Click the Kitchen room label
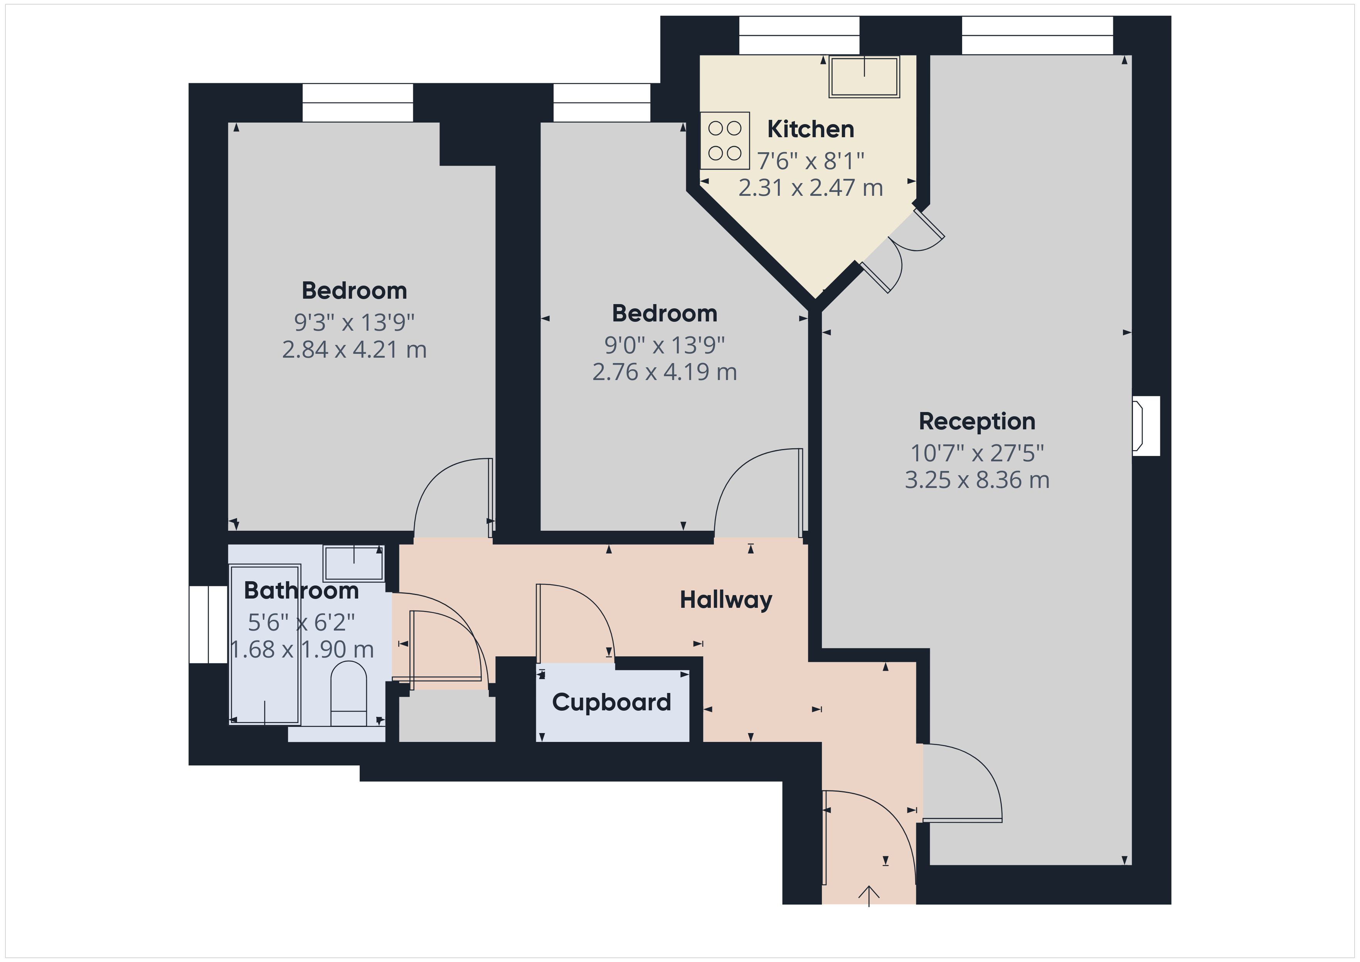pyautogui.click(x=810, y=129)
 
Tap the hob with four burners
pyautogui.click(x=724, y=140)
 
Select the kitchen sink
pyautogui.click(x=864, y=76)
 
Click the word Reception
pyautogui.click(x=977, y=421)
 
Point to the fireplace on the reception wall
pyautogui.click(x=1146, y=425)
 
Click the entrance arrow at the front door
pyautogui.click(x=869, y=896)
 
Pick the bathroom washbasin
pyautogui.click(x=353, y=563)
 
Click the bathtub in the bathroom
pyautogui.click(x=265, y=644)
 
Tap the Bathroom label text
pyautogui.click(x=301, y=590)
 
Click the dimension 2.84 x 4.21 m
pyautogui.click(x=354, y=350)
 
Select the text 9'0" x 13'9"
pyautogui.click(x=665, y=345)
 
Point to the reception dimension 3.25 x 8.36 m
pyautogui.click(x=977, y=480)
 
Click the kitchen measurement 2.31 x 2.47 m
pyautogui.click(x=810, y=188)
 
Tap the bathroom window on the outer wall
pyautogui.click(x=209, y=624)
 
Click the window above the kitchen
pyautogui.click(x=799, y=35)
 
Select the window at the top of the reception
pyautogui.click(x=1037, y=35)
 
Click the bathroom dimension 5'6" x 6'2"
pyautogui.click(x=301, y=622)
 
